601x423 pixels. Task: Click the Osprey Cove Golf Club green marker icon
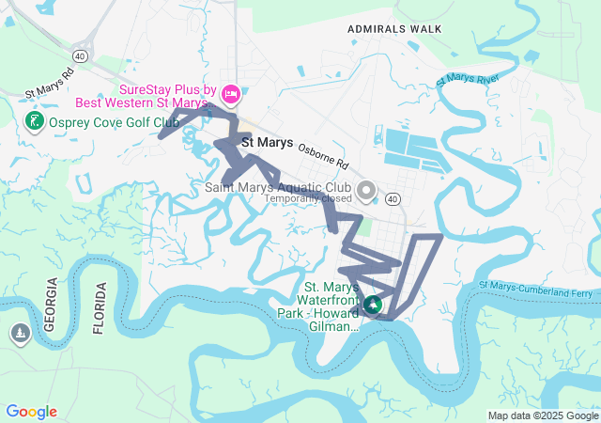point(34,122)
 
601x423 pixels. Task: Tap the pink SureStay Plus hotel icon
point(232,95)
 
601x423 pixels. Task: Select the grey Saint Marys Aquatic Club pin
point(367,192)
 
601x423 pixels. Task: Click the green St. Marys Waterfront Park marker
point(373,305)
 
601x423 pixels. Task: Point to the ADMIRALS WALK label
point(394,29)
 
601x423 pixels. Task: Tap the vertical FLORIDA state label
point(100,307)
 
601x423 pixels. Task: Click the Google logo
point(31,412)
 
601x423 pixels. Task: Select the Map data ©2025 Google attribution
point(543,415)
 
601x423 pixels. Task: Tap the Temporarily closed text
point(308,198)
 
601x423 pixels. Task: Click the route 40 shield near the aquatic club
point(393,198)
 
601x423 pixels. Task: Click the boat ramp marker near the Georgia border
point(20,333)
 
